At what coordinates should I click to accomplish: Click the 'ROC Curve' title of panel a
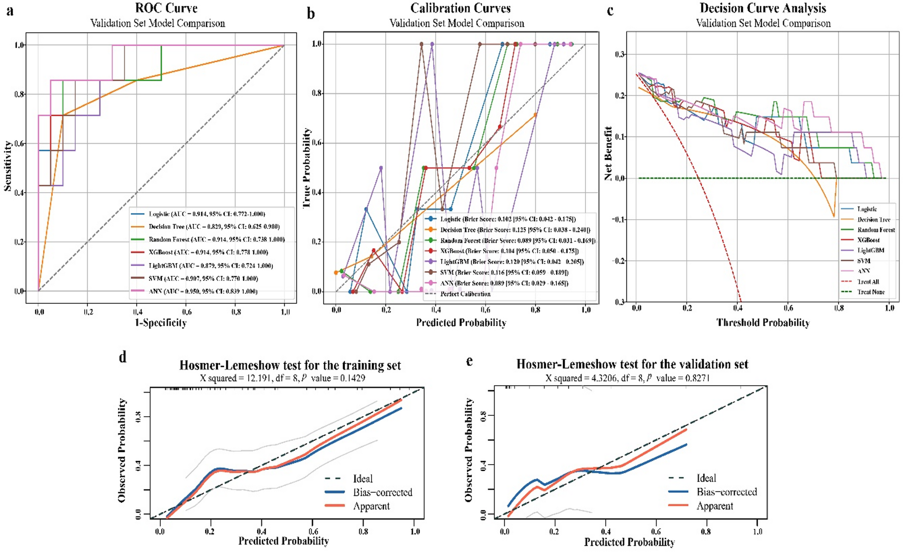click(x=166, y=8)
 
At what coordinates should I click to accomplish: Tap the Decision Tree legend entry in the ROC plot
click(x=214, y=227)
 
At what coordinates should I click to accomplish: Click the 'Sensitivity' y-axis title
click(x=7, y=166)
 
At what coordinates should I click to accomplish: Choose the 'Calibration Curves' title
click(x=460, y=8)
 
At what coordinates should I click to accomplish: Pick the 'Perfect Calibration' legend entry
click(x=465, y=294)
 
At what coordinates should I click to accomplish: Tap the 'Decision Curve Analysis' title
click(x=763, y=8)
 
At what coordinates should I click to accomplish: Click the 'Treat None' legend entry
click(x=871, y=292)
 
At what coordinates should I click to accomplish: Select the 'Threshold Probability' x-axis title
click(x=763, y=323)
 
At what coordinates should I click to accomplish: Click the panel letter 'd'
click(x=123, y=357)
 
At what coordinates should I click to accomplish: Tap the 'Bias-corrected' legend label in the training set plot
click(x=383, y=492)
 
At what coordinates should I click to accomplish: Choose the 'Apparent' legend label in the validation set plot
click(x=715, y=506)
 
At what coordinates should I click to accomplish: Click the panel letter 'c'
click(x=610, y=11)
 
